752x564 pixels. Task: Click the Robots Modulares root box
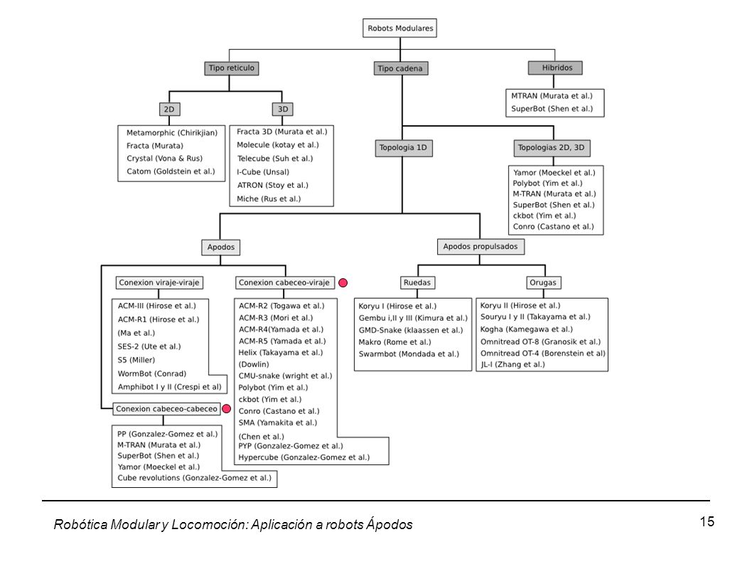point(399,28)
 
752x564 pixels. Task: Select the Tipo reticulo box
point(231,68)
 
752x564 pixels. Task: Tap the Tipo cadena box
point(400,69)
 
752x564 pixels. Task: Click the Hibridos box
point(555,68)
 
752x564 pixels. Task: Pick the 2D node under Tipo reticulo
point(169,110)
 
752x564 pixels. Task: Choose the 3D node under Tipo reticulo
point(282,110)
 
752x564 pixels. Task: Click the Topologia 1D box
point(403,148)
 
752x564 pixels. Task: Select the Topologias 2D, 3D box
point(552,148)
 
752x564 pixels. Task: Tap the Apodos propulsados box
point(480,247)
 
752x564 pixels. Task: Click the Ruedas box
point(417,283)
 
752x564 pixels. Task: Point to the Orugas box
point(543,283)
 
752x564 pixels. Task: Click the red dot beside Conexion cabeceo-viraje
point(343,283)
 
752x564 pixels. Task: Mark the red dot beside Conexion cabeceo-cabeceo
point(226,409)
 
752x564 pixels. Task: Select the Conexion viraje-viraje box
point(159,283)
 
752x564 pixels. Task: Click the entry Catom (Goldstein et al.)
point(171,171)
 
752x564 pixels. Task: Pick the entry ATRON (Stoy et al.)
point(272,186)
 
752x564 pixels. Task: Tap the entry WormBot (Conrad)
point(152,373)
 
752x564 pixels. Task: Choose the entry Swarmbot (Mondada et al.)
point(409,354)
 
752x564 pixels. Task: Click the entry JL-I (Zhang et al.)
point(512,364)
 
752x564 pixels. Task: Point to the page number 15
point(707,522)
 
